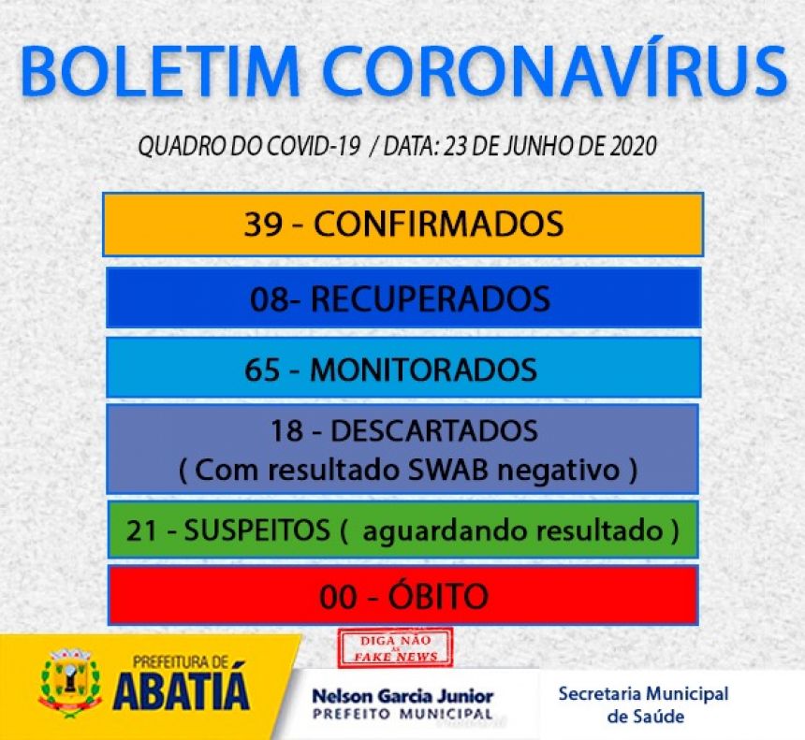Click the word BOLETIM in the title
tap(160, 71)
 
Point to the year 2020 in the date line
tap(633, 146)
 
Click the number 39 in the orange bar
tap(263, 225)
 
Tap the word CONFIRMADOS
tap(438, 225)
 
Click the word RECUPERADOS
tap(431, 299)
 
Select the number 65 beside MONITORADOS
tap(262, 370)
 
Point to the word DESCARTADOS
tap(433, 431)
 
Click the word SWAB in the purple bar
tap(447, 470)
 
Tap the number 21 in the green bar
tap(141, 530)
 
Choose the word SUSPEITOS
tap(256, 530)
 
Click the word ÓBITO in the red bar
tap(438, 596)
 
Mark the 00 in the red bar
tap(338, 597)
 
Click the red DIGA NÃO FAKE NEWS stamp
tap(395, 647)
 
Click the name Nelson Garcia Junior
tap(403, 696)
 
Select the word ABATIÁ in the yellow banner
tap(182, 690)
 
